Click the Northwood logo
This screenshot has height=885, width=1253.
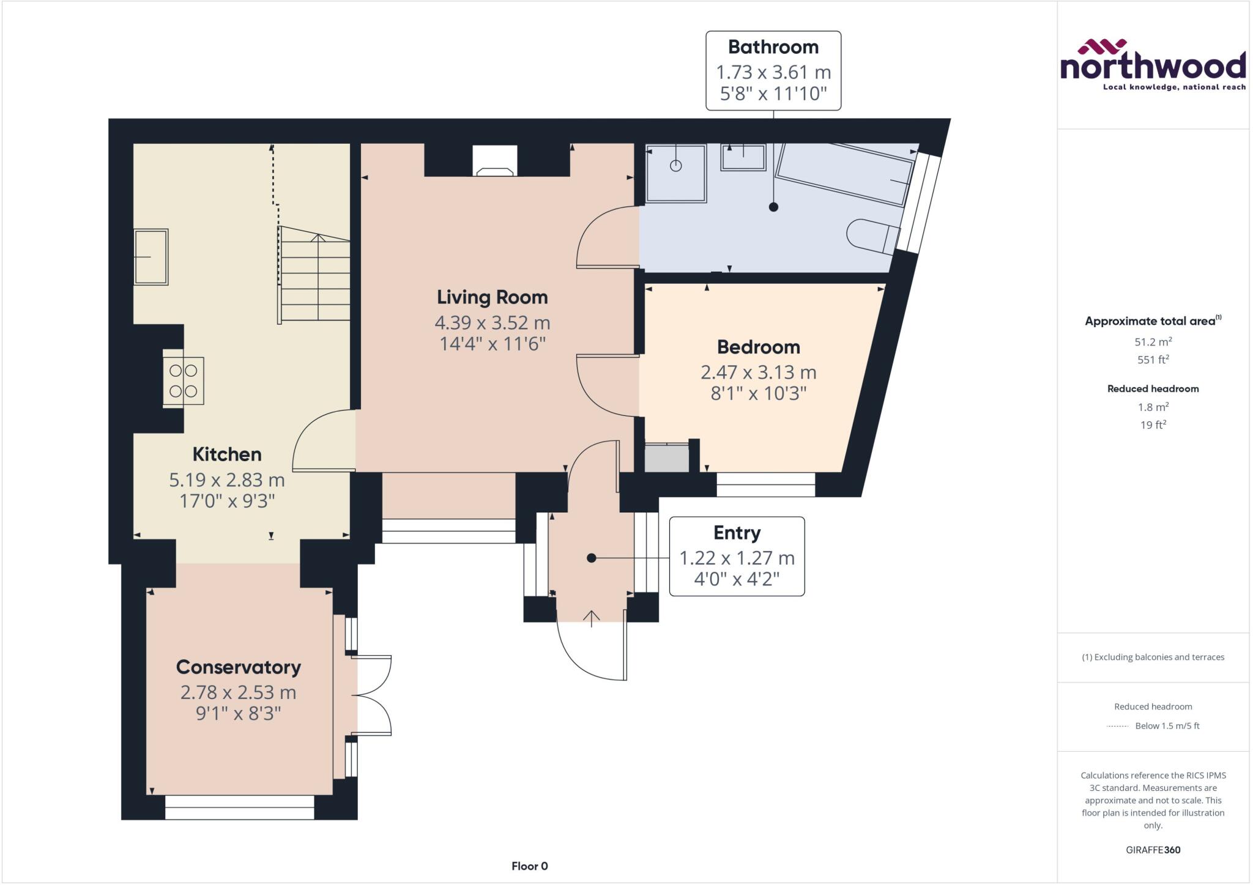(x=1153, y=65)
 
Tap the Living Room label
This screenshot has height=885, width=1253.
(x=492, y=297)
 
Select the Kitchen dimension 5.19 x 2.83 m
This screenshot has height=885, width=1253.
(x=227, y=480)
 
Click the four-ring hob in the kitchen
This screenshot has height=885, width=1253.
(x=184, y=380)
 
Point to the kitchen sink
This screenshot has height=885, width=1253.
(x=151, y=257)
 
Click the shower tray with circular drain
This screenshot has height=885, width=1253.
(x=675, y=173)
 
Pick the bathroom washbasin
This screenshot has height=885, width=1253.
(x=743, y=157)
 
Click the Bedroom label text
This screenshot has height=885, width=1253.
(x=758, y=347)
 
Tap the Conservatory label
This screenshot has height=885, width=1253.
(x=238, y=667)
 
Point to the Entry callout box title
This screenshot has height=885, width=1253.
(x=737, y=533)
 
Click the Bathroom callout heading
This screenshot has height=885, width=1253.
(x=773, y=47)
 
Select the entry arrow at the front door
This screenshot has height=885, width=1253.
(x=591, y=618)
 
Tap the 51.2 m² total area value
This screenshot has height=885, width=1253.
(x=1153, y=342)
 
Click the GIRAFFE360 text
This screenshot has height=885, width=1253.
(x=1153, y=850)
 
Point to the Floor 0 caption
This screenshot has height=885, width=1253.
(x=529, y=866)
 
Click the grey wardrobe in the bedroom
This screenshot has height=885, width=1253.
(x=667, y=458)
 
